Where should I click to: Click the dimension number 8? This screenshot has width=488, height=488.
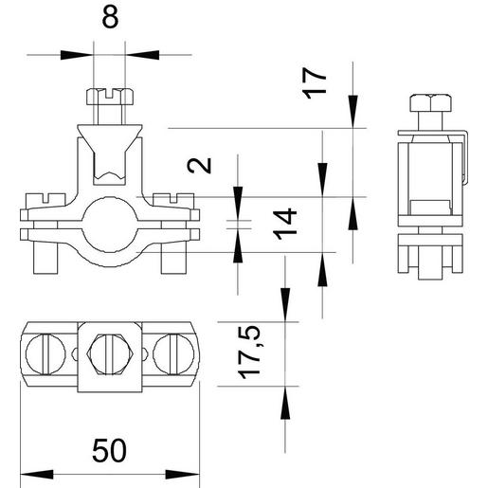(110, 19)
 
